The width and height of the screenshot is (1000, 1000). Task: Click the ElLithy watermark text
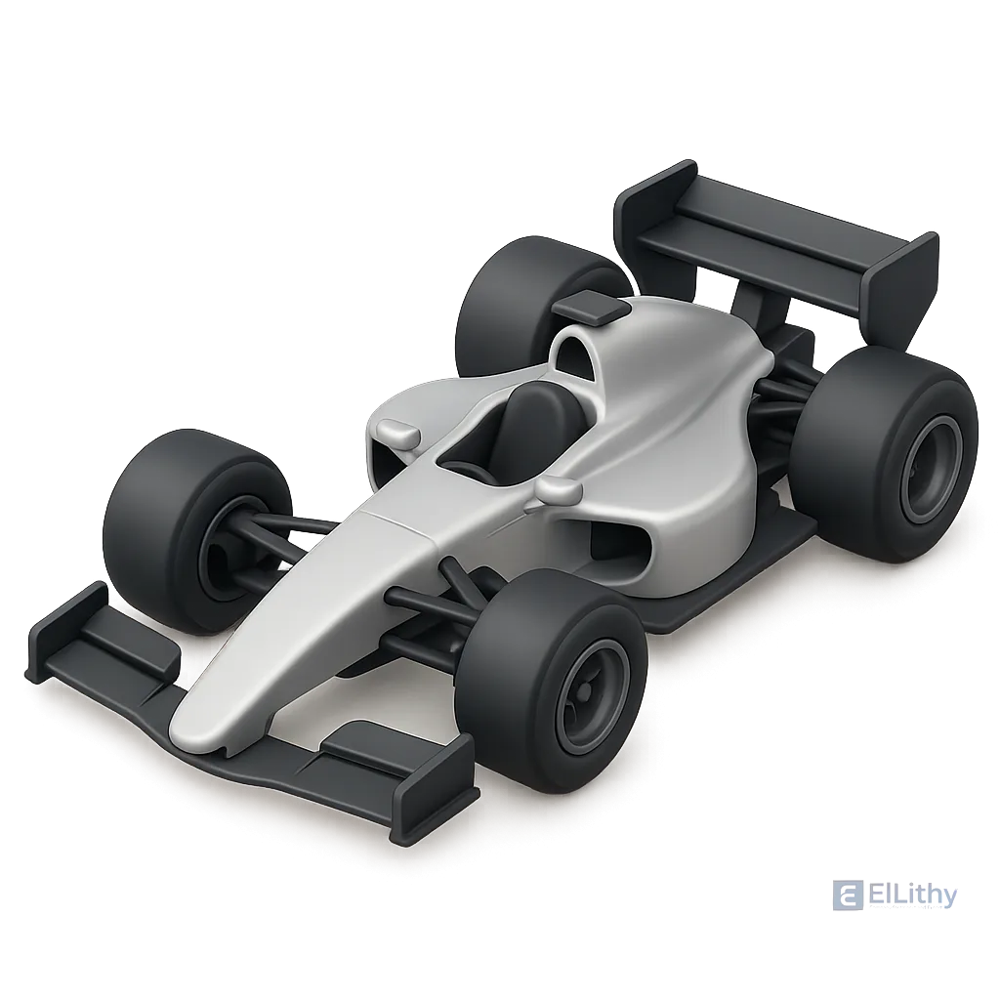click(913, 896)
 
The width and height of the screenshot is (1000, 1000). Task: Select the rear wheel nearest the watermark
click(883, 456)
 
